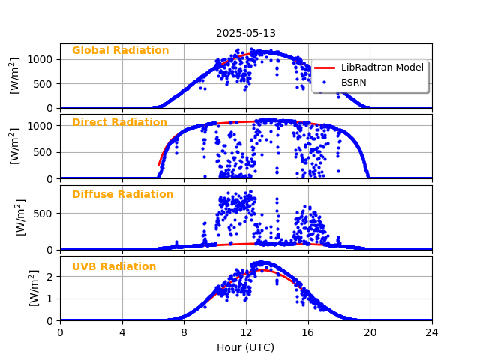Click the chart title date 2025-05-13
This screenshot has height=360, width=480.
click(x=246, y=33)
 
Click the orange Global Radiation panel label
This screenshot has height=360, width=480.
click(x=120, y=51)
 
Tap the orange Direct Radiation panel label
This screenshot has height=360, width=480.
click(x=119, y=123)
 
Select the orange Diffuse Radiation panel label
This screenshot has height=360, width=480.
click(x=122, y=195)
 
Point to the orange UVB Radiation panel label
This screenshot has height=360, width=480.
click(x=114, y=267)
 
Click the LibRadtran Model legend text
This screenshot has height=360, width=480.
click(x=382, y=67)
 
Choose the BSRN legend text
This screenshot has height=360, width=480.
click(x=354, y=82)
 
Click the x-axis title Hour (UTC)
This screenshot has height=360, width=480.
click(x=246, y=348)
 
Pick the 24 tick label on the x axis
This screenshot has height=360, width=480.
click(x=432, y=332)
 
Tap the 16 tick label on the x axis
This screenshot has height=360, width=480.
click(x=307, y=332)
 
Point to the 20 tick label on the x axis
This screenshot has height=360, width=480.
click(x=370, y=332)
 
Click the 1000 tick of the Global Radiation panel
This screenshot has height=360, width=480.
click(x=43, y=59)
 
